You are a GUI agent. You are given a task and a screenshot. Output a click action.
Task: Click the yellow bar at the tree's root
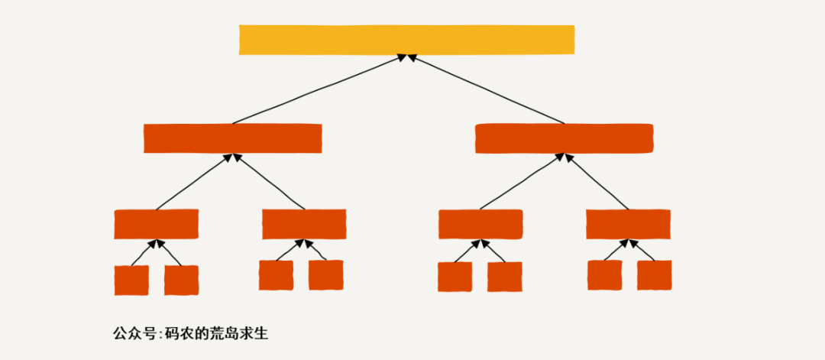pyautogui.click(x=406, y=40)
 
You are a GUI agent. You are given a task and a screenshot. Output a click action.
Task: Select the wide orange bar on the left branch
pyautogui.click(x=232, y=138)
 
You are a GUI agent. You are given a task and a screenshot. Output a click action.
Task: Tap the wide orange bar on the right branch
pyautogui.click(x=564, y=138)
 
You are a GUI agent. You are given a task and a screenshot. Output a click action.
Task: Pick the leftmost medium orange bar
pyautogui.click(x=156, y=224)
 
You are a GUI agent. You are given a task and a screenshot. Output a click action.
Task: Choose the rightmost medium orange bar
pyautogui.click(x=628, y=224)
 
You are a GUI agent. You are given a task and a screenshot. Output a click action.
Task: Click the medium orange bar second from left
pyautogui.click(x=304, y=224)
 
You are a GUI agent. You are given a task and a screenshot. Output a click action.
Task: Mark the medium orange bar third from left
pyautogui.click(x=480, y=224)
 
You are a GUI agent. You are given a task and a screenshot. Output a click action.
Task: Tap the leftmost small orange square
pyautogui.click(x=131, y=280)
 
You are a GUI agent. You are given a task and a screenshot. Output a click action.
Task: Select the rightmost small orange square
pyautogui.click(x=654, y=275)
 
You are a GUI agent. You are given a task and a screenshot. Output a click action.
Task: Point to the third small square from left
pyautogui.click(x=276, y=275)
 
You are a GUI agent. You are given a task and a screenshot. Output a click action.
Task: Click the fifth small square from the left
pyautogui.click(x=455, y=277)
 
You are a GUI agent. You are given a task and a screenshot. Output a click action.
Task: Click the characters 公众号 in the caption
pyautogui.click(x=134, y=334)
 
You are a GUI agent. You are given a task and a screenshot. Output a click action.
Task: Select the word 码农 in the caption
pyautogui.click(x=177, y=334)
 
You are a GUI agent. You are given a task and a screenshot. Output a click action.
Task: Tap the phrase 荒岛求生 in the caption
pyautogui.click(x=240, y=334)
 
